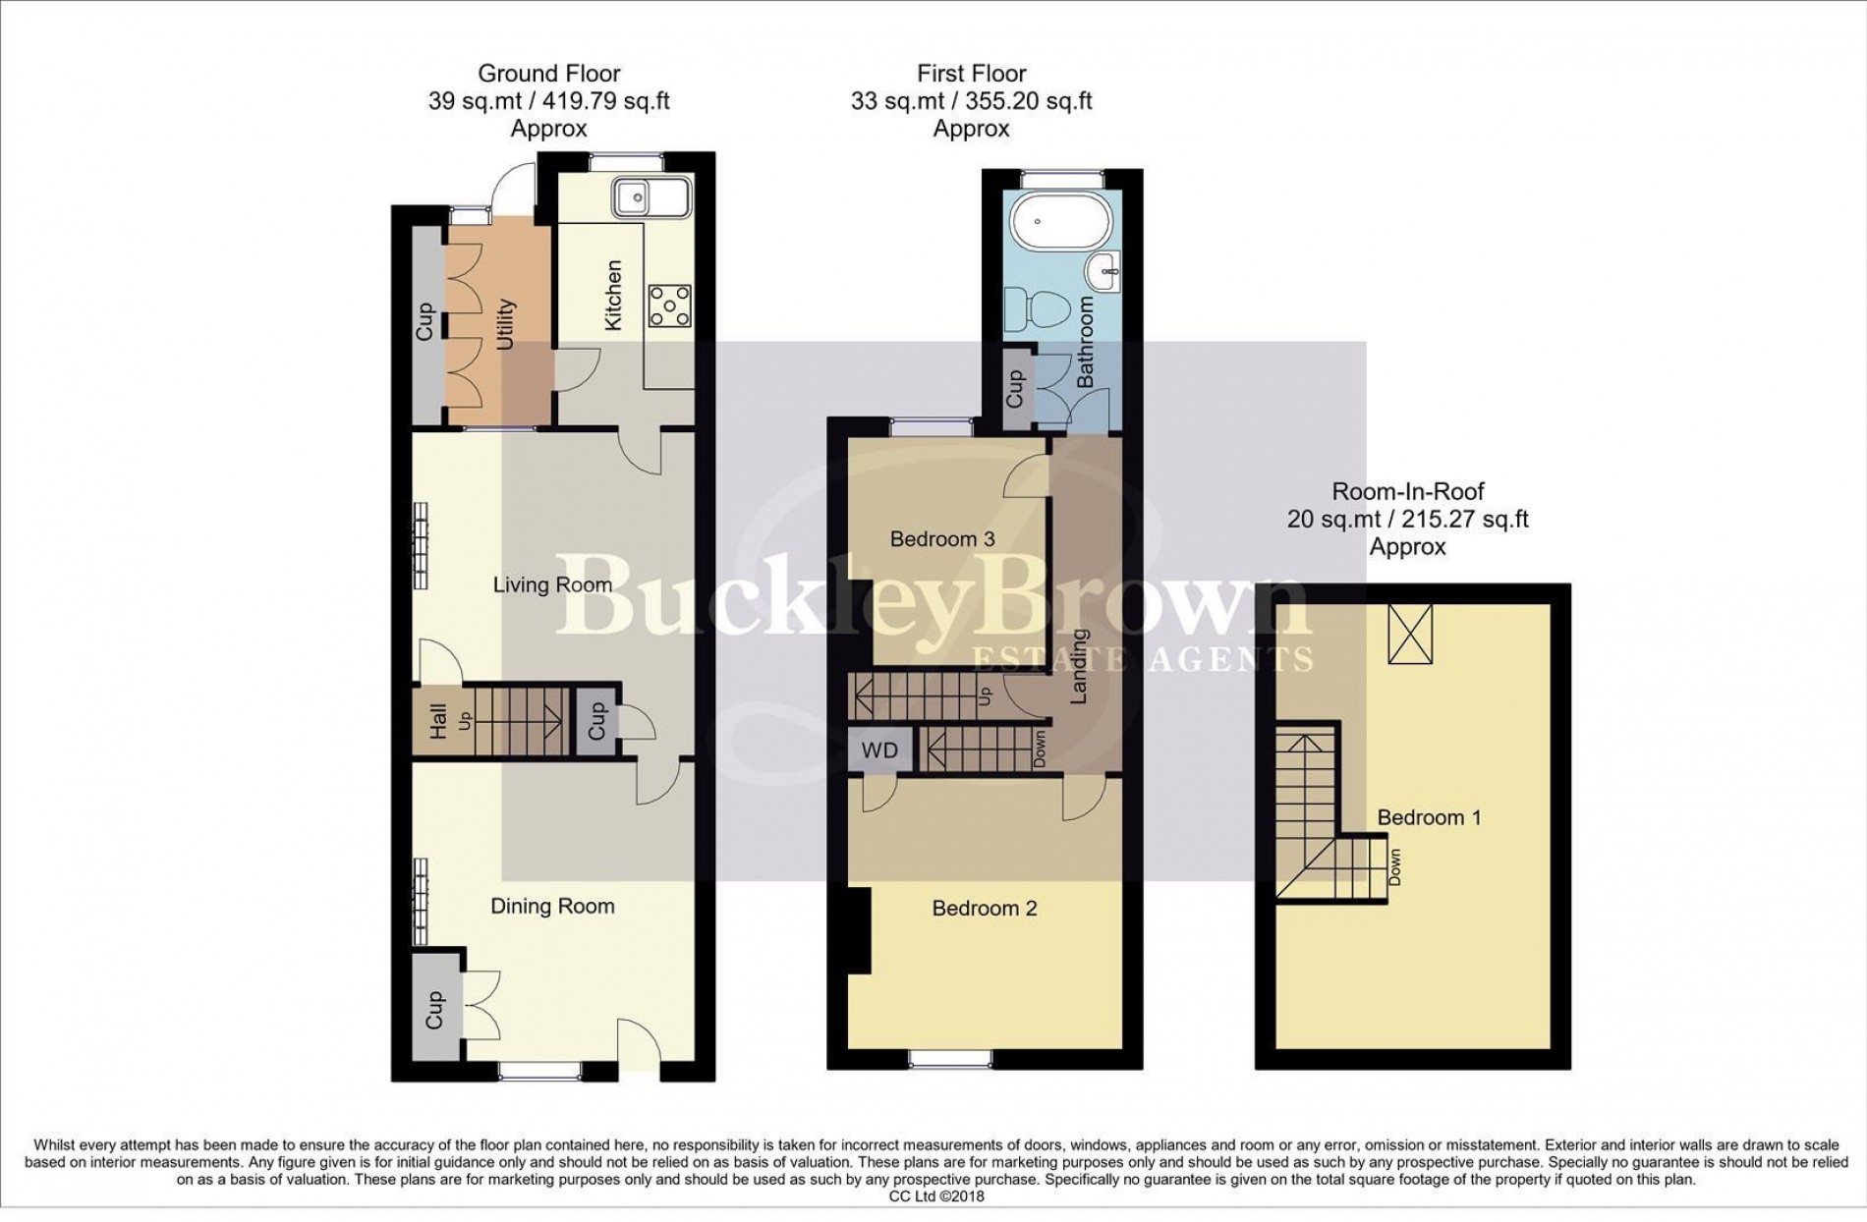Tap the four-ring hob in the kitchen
pos(670,306)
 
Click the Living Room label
pos(552,585)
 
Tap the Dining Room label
pos(552,907)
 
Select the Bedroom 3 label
pos(942,538)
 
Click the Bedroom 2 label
pos(984,909)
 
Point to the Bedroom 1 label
pos(1429,817)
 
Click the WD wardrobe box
pos(879,750)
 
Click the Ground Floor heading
pos(548,74)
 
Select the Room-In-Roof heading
pos(1407,491)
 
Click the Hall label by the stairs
pos(438,721)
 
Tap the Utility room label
pos(505,325)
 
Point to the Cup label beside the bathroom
pos(1016,389)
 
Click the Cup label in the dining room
pos(434,1010)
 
